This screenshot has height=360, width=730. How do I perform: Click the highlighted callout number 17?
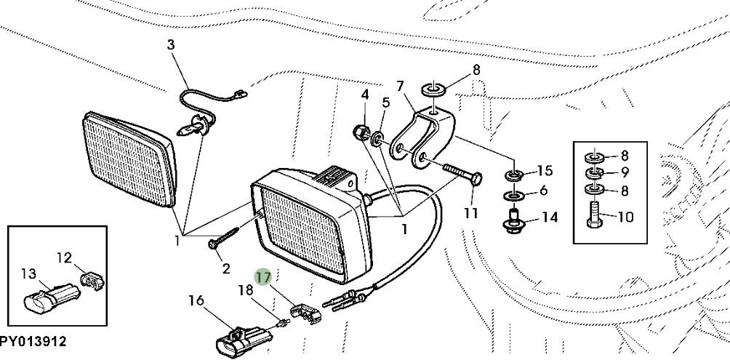[x=262, y=276]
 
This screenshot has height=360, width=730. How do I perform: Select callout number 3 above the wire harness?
[x=171, y=45]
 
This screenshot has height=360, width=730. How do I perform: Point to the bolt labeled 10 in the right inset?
[x=593, y=215]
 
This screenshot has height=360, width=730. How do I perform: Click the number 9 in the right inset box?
[x=625, y=173]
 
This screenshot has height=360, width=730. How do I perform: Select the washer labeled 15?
[x=514, y=175]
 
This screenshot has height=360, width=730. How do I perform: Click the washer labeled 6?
[x=514, y=195]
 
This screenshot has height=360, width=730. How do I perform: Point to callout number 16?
[x=196, y=300]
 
